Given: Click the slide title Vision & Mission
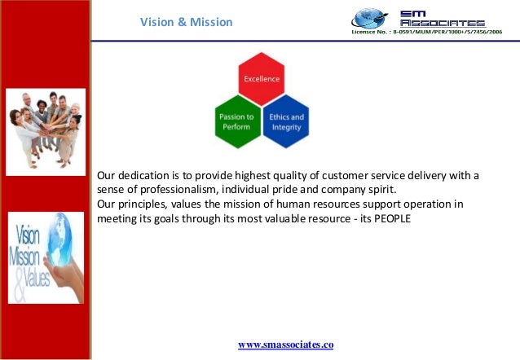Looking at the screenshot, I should click(x=186, y=22).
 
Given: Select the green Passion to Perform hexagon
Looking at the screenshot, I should click(x=236, y=121).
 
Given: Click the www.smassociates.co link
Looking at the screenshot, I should click(x=286, y=345).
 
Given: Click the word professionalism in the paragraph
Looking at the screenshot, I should click(x=173, y=189).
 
